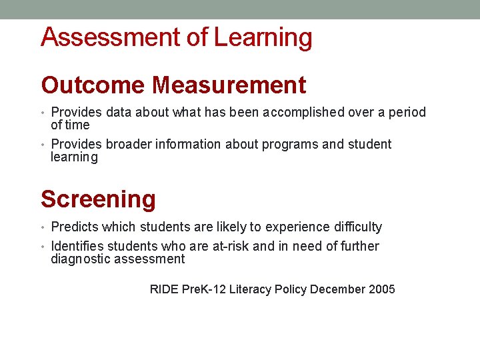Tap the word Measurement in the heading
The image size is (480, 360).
click(229, 85)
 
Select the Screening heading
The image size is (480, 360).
click(98, 199)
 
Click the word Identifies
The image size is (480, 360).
click(77, 247)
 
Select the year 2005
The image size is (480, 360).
click(381, 289)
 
